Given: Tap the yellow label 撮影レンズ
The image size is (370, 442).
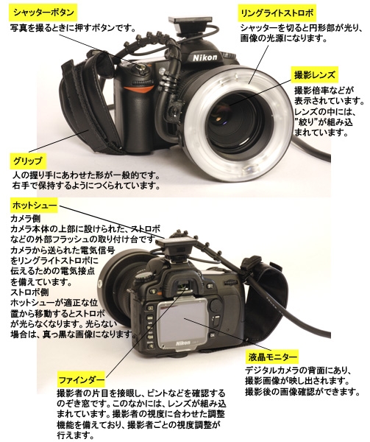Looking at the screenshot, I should coord(314,75).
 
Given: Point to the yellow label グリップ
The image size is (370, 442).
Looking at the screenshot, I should coord(28,161).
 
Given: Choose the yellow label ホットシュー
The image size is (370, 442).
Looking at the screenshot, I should coord(32,204).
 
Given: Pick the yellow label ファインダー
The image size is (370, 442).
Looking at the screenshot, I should coord(81,380).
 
